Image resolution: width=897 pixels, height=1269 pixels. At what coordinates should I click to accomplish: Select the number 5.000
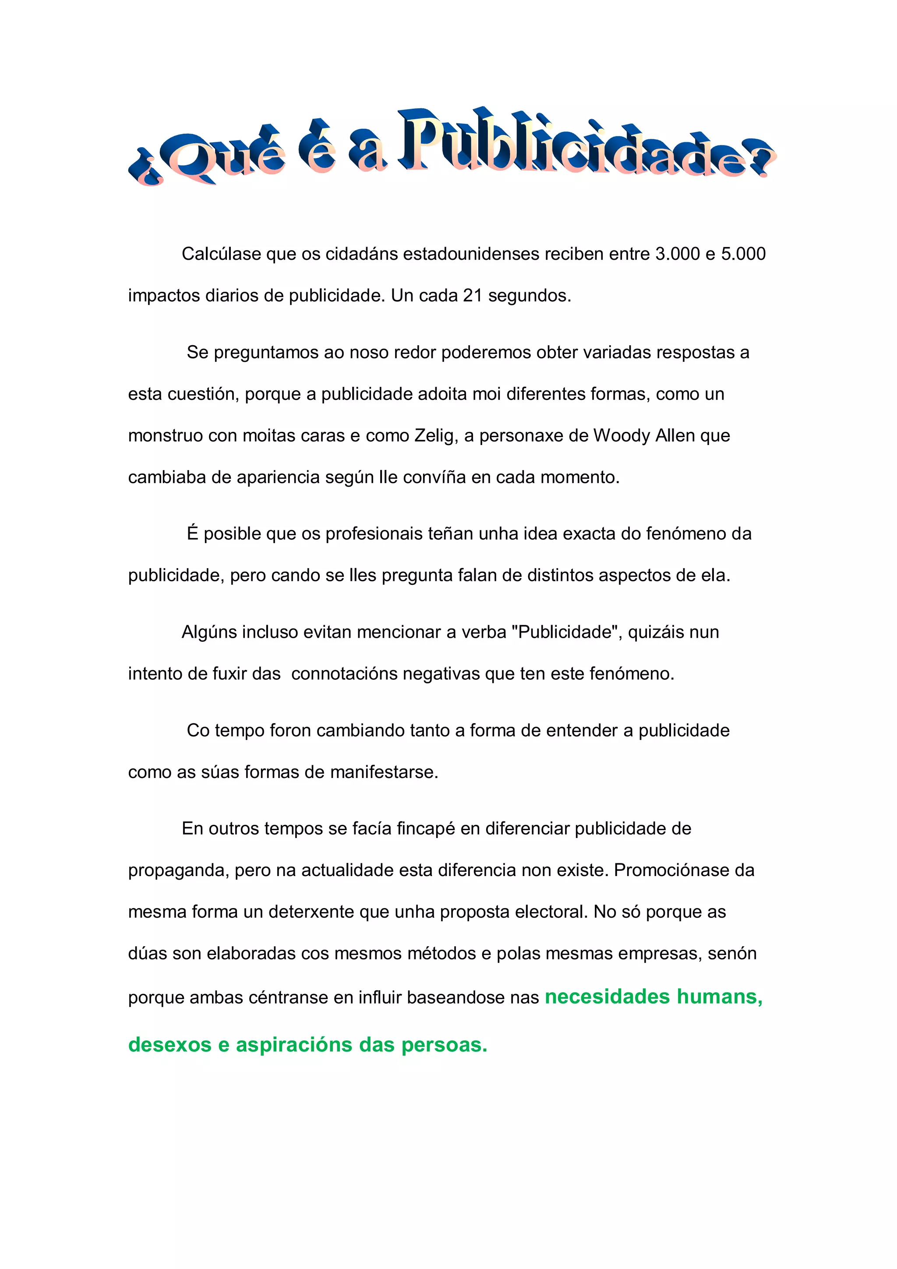pos(743,254)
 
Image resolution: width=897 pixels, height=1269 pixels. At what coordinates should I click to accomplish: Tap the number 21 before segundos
pos(473,296)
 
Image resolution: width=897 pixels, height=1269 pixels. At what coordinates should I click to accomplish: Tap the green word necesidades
pos(607,997)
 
